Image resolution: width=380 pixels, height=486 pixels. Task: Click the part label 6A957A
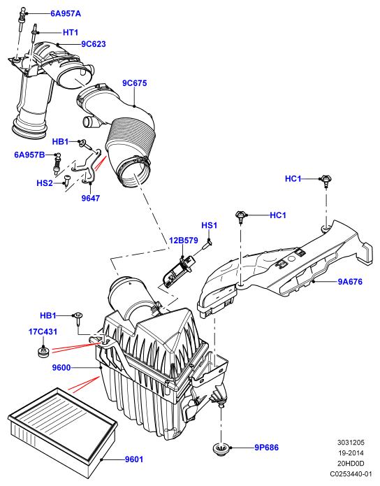(66, 14)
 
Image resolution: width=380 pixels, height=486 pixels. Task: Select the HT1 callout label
(71, 33)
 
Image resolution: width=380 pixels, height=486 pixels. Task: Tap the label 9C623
(94, 44)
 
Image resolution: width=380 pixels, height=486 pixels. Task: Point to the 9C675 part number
(134, 83)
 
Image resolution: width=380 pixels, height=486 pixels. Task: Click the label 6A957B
(29, 155)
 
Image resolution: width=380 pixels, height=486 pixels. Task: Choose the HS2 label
(45, 183)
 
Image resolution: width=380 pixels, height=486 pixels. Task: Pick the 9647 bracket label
(91, 198)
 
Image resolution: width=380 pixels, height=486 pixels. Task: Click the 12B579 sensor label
(183, 241)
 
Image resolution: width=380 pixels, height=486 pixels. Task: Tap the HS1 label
(210, 225)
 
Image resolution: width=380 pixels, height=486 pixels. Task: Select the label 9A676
(350, 282)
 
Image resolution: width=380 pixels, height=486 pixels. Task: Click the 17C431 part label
(43, 331)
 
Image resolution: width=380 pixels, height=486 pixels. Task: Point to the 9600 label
(61, 368)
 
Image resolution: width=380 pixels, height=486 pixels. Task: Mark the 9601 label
(134, 459)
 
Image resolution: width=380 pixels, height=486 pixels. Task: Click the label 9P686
(266, 448)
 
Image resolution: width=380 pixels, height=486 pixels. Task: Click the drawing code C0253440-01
(351, 474)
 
